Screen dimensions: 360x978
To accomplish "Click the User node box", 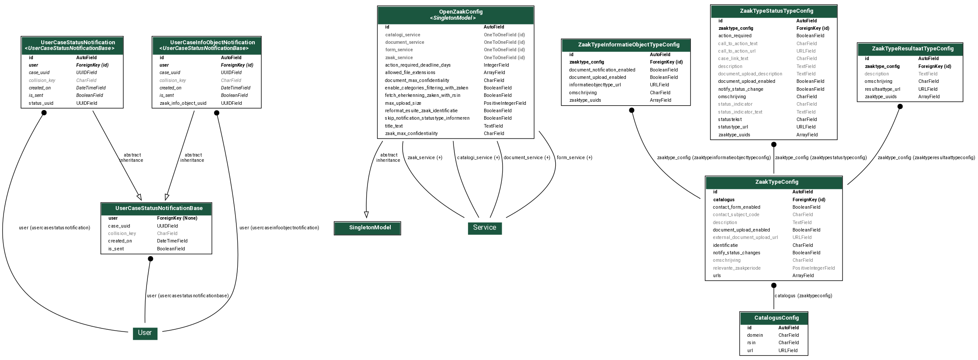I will [x=145, y=333].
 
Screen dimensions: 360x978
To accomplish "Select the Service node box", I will [x=485, y=228].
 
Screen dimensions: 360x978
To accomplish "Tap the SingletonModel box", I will [x=368, y=228].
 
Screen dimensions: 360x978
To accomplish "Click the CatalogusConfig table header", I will [x=774, y=318].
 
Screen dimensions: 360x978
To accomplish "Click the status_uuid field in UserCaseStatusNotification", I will [x=41, y=103].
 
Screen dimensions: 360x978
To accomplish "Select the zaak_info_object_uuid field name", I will [x=183, y=103].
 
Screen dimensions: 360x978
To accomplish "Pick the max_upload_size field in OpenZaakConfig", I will [x=403, y=103].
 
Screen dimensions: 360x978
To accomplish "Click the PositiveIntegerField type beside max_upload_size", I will [x=505, y=103].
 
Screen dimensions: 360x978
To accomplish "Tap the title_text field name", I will [x=394, y=126].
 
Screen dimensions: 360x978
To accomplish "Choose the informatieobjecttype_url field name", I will [x=595, y=85].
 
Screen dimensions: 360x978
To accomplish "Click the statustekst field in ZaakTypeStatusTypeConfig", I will [x=730, y=120].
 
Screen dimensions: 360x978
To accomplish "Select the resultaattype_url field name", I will [x=882, y=89].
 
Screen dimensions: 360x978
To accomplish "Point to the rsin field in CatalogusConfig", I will [x=752, y=343].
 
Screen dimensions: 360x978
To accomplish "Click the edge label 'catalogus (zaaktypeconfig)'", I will [x=803, y=296].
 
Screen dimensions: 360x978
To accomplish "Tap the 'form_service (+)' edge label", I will [x=575, y=158].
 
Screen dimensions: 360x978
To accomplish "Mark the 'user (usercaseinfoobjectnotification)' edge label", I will [x=279, y=228].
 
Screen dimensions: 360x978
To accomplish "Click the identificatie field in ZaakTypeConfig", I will [x=725, y=246].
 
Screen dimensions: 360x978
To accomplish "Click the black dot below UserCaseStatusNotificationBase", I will [x=150, y=259].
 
